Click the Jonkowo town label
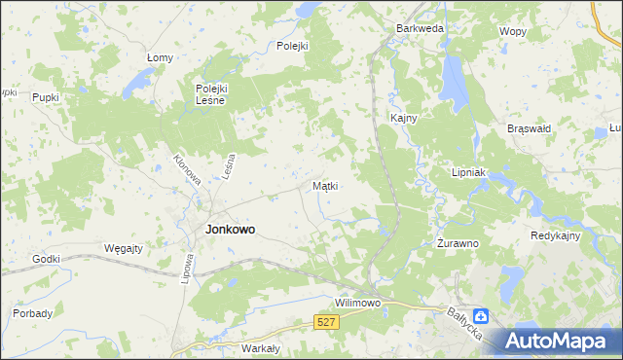(231, 231)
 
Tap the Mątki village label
(325, 185)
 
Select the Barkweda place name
(420, 29)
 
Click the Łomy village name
(160, 57)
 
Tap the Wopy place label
(512, 31)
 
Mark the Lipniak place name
(468, 171)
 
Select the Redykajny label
(556, 236)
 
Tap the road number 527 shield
(327, 321)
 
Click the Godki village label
(46, 259)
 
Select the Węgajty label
(123, 248)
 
